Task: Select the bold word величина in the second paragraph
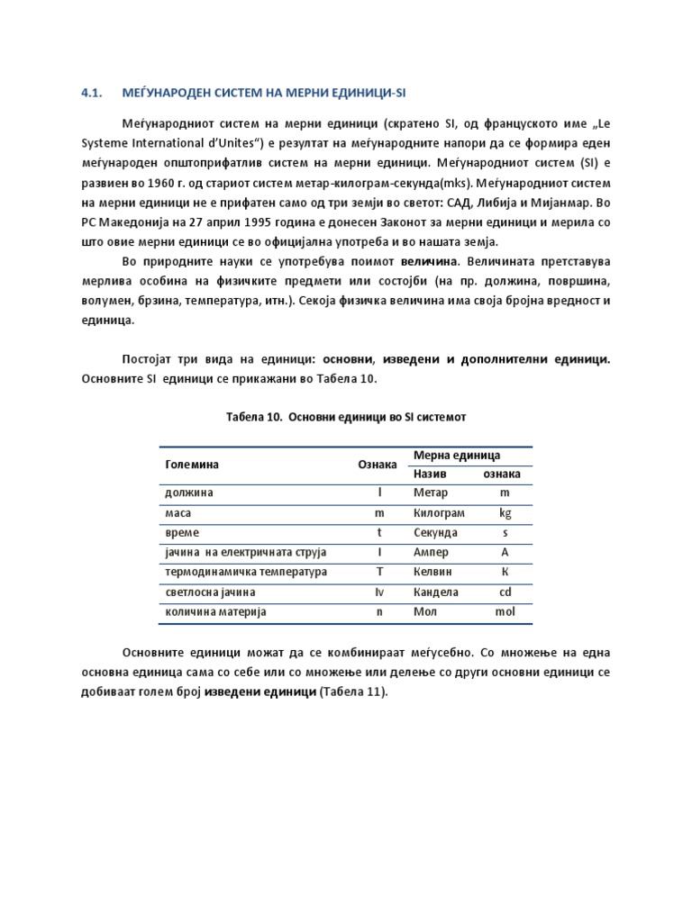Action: tap(430, 261)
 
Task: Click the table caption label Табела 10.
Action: tap(250, 418)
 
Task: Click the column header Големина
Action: tap(192, 465)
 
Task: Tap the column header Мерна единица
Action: tap(456, 456)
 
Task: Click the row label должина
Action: tap(189, 493)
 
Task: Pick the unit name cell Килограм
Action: tap(439, 513)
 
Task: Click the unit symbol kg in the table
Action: tap(505, 513)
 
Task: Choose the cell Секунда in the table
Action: tap(436, 533)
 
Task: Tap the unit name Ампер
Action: tap(431, 553)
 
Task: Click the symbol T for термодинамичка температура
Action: tap(379, 573)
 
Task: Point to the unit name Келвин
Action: tap(432, 573)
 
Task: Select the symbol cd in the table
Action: tap(505, 592)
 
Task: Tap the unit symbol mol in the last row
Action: tap(505, 612)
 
